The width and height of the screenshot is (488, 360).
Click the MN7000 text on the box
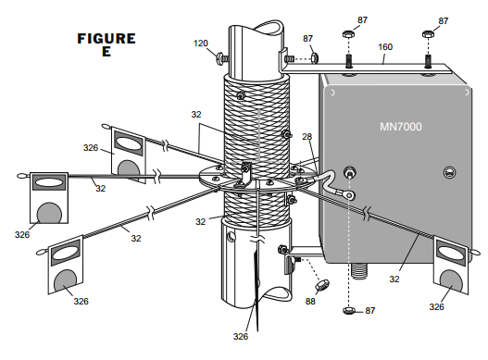click(401, 127)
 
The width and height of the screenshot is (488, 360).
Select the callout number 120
click(201, 43)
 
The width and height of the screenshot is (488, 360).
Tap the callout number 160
click(385, 47)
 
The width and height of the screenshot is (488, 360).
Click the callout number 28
click(307, 137)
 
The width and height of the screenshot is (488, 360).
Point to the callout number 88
click(310, 301)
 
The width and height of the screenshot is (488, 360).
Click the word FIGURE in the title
click(106, 39)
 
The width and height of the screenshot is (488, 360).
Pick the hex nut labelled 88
click(322, 285)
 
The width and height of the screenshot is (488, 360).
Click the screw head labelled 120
click(219, 59)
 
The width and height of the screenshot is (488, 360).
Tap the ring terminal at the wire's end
click(349, 195)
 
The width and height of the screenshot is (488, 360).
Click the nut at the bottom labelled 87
click(348, 310)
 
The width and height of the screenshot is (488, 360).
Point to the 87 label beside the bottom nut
click(370, 311)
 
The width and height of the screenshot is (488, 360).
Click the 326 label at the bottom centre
click(241, 336)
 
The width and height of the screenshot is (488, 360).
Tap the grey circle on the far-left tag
click(49, 213)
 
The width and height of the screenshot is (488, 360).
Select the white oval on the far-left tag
click(49, 182)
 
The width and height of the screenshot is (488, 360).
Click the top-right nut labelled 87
click(428, 34)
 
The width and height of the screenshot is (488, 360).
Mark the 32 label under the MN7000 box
click(394, 279)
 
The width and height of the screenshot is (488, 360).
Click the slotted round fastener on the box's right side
click(449, 172)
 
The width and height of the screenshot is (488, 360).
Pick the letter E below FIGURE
click(106, 51)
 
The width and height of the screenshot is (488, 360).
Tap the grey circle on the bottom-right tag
click(451, 281)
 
